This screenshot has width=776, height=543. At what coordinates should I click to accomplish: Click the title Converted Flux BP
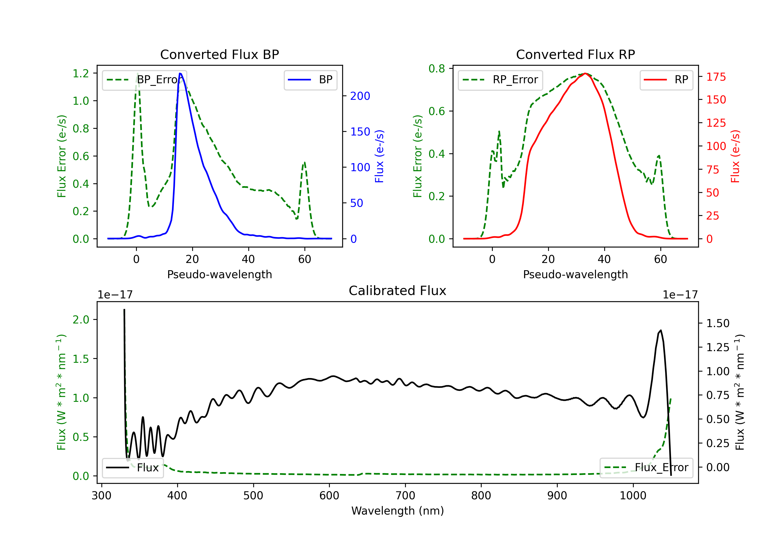tap(219, 54)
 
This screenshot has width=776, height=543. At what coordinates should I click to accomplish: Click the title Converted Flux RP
tap(575, 54)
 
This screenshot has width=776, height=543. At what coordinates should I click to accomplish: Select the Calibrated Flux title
tap(398, 291)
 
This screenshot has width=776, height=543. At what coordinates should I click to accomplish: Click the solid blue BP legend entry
tap(310, 80)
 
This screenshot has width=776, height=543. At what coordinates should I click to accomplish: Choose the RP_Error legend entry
tap(500, 80)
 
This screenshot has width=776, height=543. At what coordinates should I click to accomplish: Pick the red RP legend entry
tap(666, 80)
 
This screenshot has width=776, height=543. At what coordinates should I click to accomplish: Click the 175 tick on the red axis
tap(716, 77)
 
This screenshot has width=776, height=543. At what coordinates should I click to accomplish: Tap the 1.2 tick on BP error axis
tap(81, 73)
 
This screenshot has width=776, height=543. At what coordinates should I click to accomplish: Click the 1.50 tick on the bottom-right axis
tap(718, 323)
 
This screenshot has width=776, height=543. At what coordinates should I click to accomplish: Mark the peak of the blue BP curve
tap(180, 73)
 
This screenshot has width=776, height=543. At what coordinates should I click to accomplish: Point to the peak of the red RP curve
tap(585, 73)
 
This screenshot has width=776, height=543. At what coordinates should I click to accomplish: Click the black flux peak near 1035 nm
tap(661, 330)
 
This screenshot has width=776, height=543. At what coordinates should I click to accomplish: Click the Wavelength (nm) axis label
tap(398, 511)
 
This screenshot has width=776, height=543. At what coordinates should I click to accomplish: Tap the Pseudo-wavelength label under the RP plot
tap(575, 274)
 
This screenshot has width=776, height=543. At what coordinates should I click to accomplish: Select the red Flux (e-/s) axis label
tap(735, 156)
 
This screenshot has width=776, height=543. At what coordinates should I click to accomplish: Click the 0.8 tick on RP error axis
tap(437, 69)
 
